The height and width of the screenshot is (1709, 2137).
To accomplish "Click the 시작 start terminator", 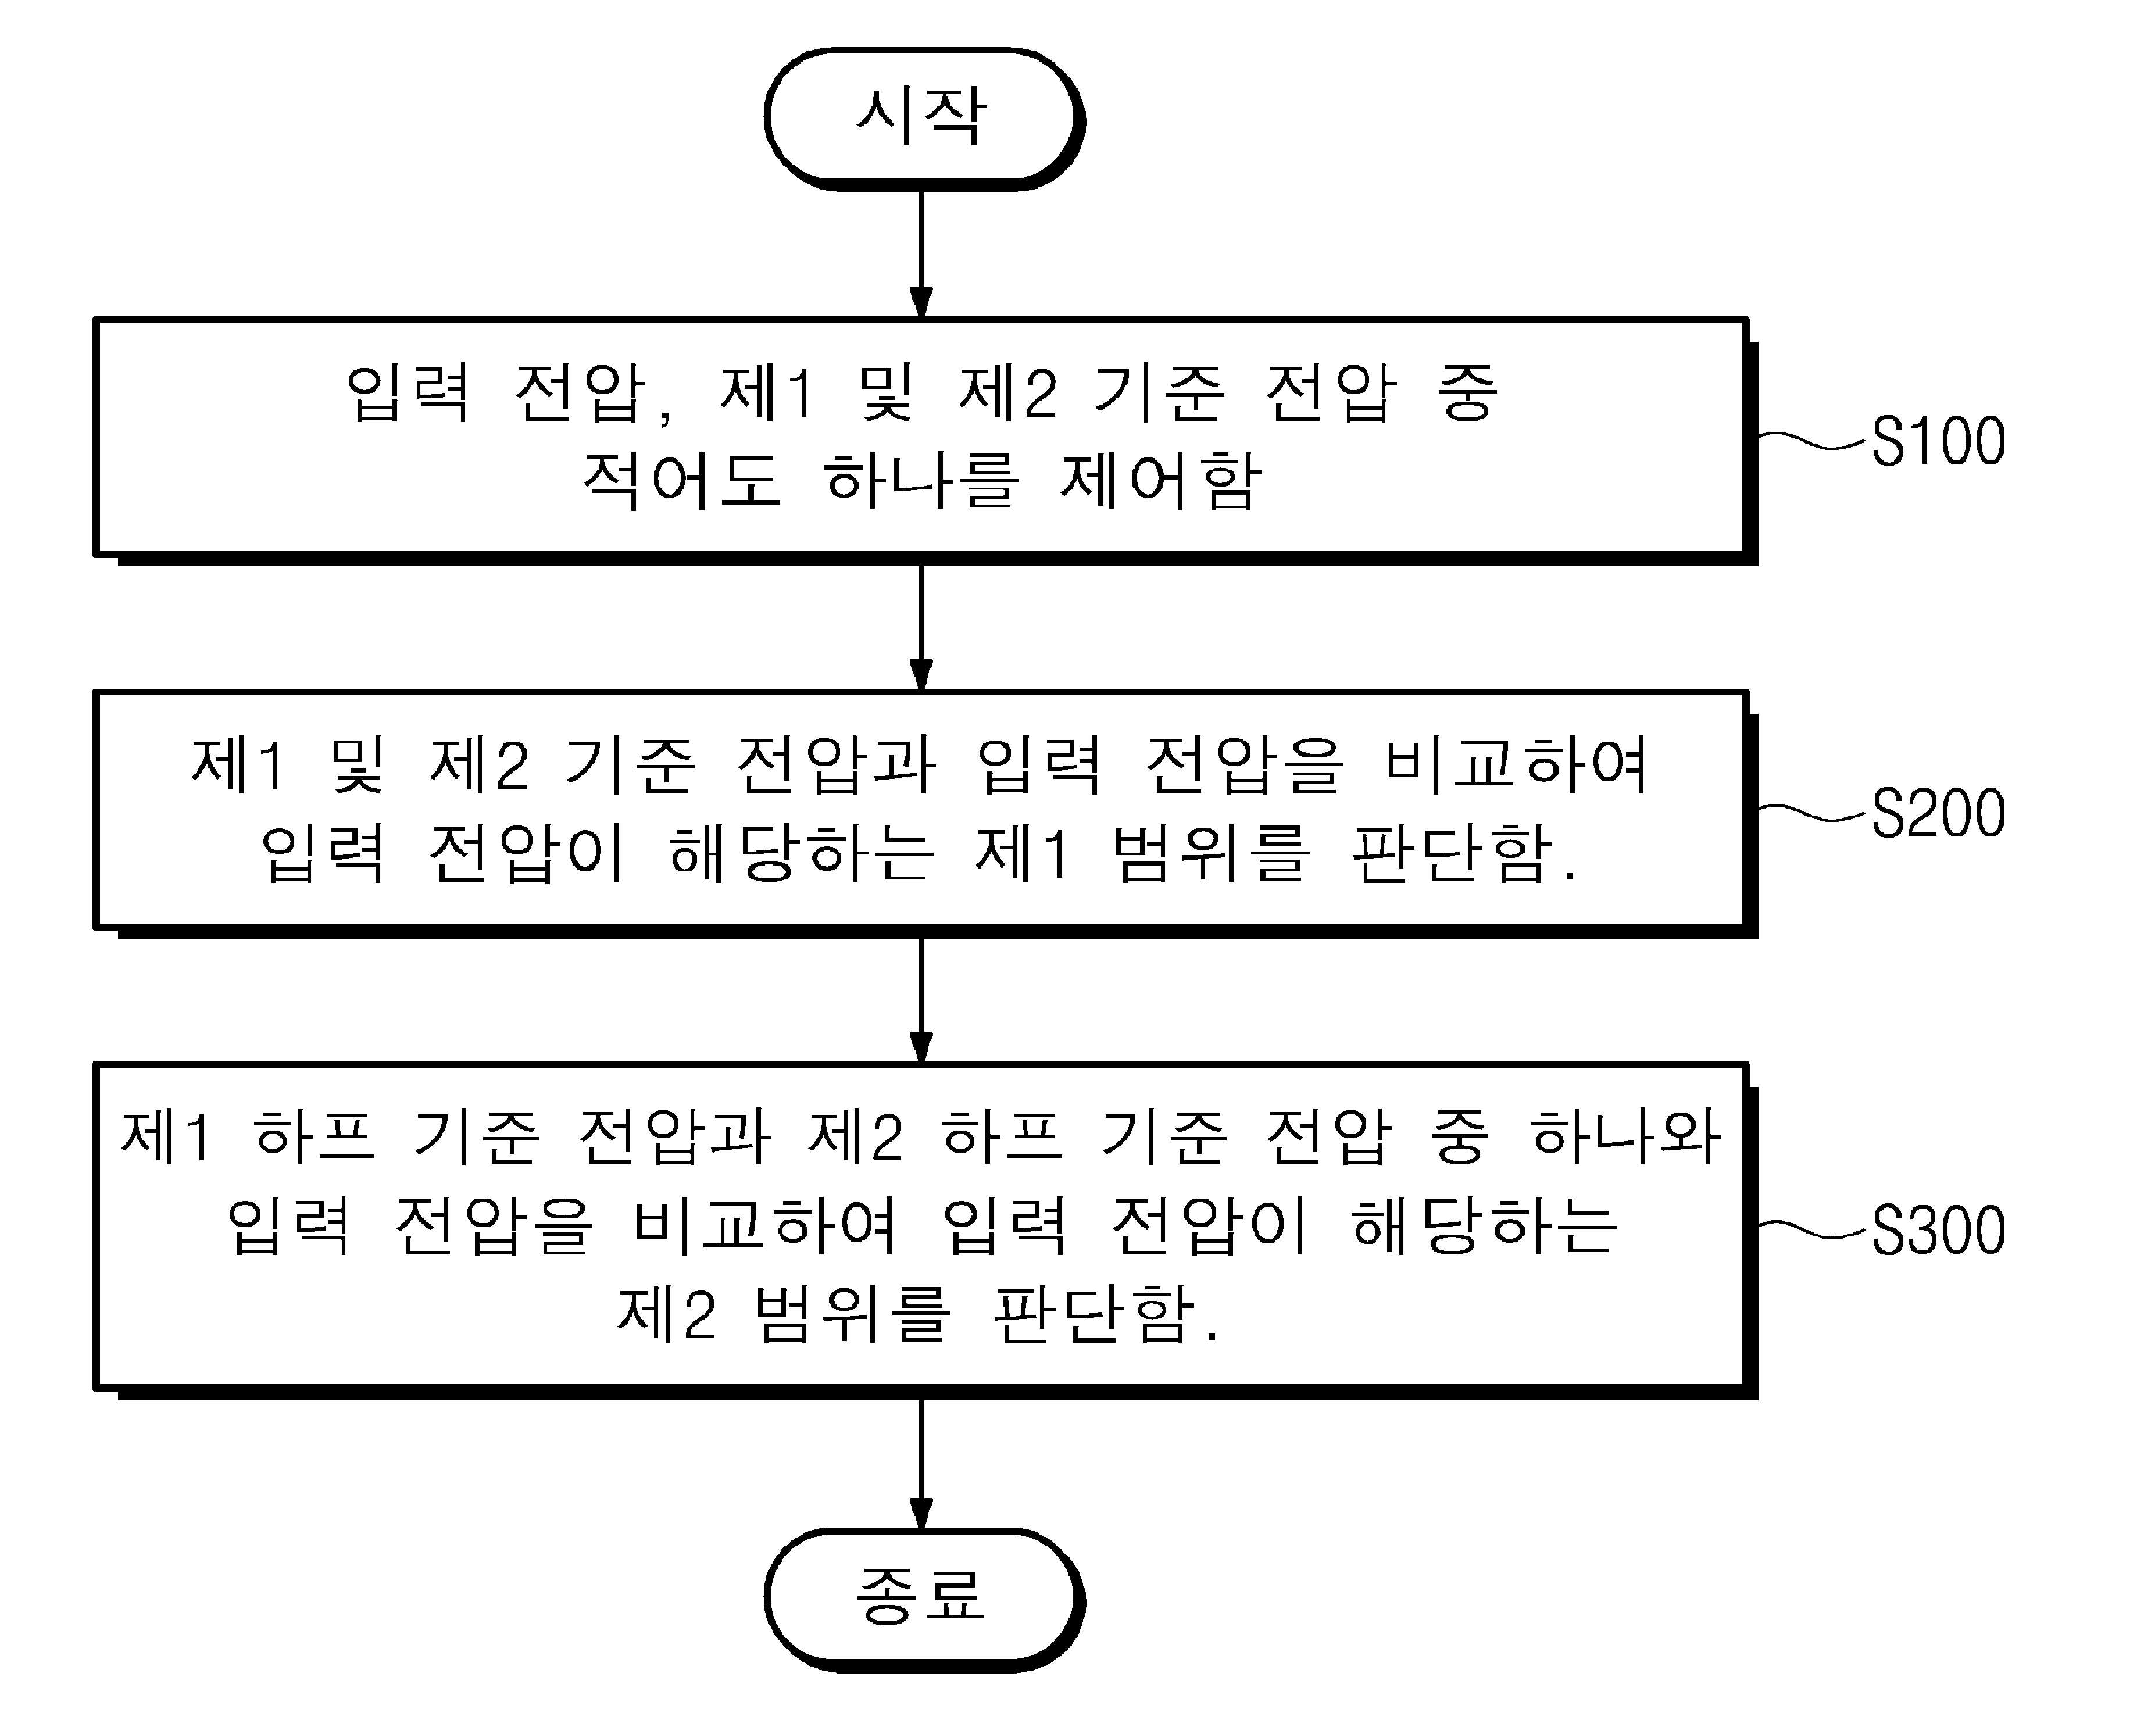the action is point(924,119).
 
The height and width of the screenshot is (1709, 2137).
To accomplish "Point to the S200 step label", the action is point(1938,814).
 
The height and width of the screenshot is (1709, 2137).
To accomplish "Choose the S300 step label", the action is point(1938,1231).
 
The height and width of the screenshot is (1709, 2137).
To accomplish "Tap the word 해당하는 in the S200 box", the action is point(801,853).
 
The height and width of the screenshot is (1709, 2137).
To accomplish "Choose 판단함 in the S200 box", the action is point(1452,853).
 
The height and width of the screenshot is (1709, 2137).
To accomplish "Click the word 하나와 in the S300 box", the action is point(1625,1136).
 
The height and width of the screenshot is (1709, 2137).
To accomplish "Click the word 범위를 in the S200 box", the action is point(1212,853).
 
